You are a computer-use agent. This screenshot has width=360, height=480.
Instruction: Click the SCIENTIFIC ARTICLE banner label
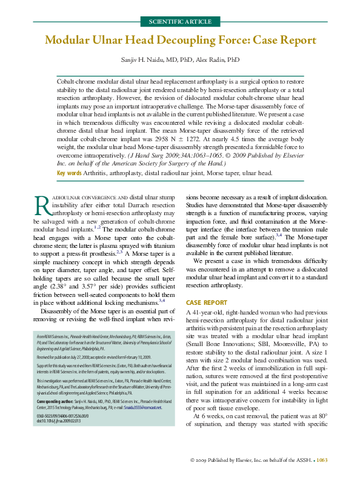(x=180, y=22)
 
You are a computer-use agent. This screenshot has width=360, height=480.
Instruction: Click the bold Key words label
(x=69, y=173)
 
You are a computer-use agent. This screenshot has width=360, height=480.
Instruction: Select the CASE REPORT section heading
(x=206, y=302)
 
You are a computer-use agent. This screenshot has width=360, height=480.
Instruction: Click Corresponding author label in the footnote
(x=54, y=401)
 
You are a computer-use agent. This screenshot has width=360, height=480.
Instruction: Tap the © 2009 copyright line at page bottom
(x=255, y=461)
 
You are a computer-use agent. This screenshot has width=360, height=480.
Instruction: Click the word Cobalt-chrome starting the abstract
(x=76, y=80)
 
